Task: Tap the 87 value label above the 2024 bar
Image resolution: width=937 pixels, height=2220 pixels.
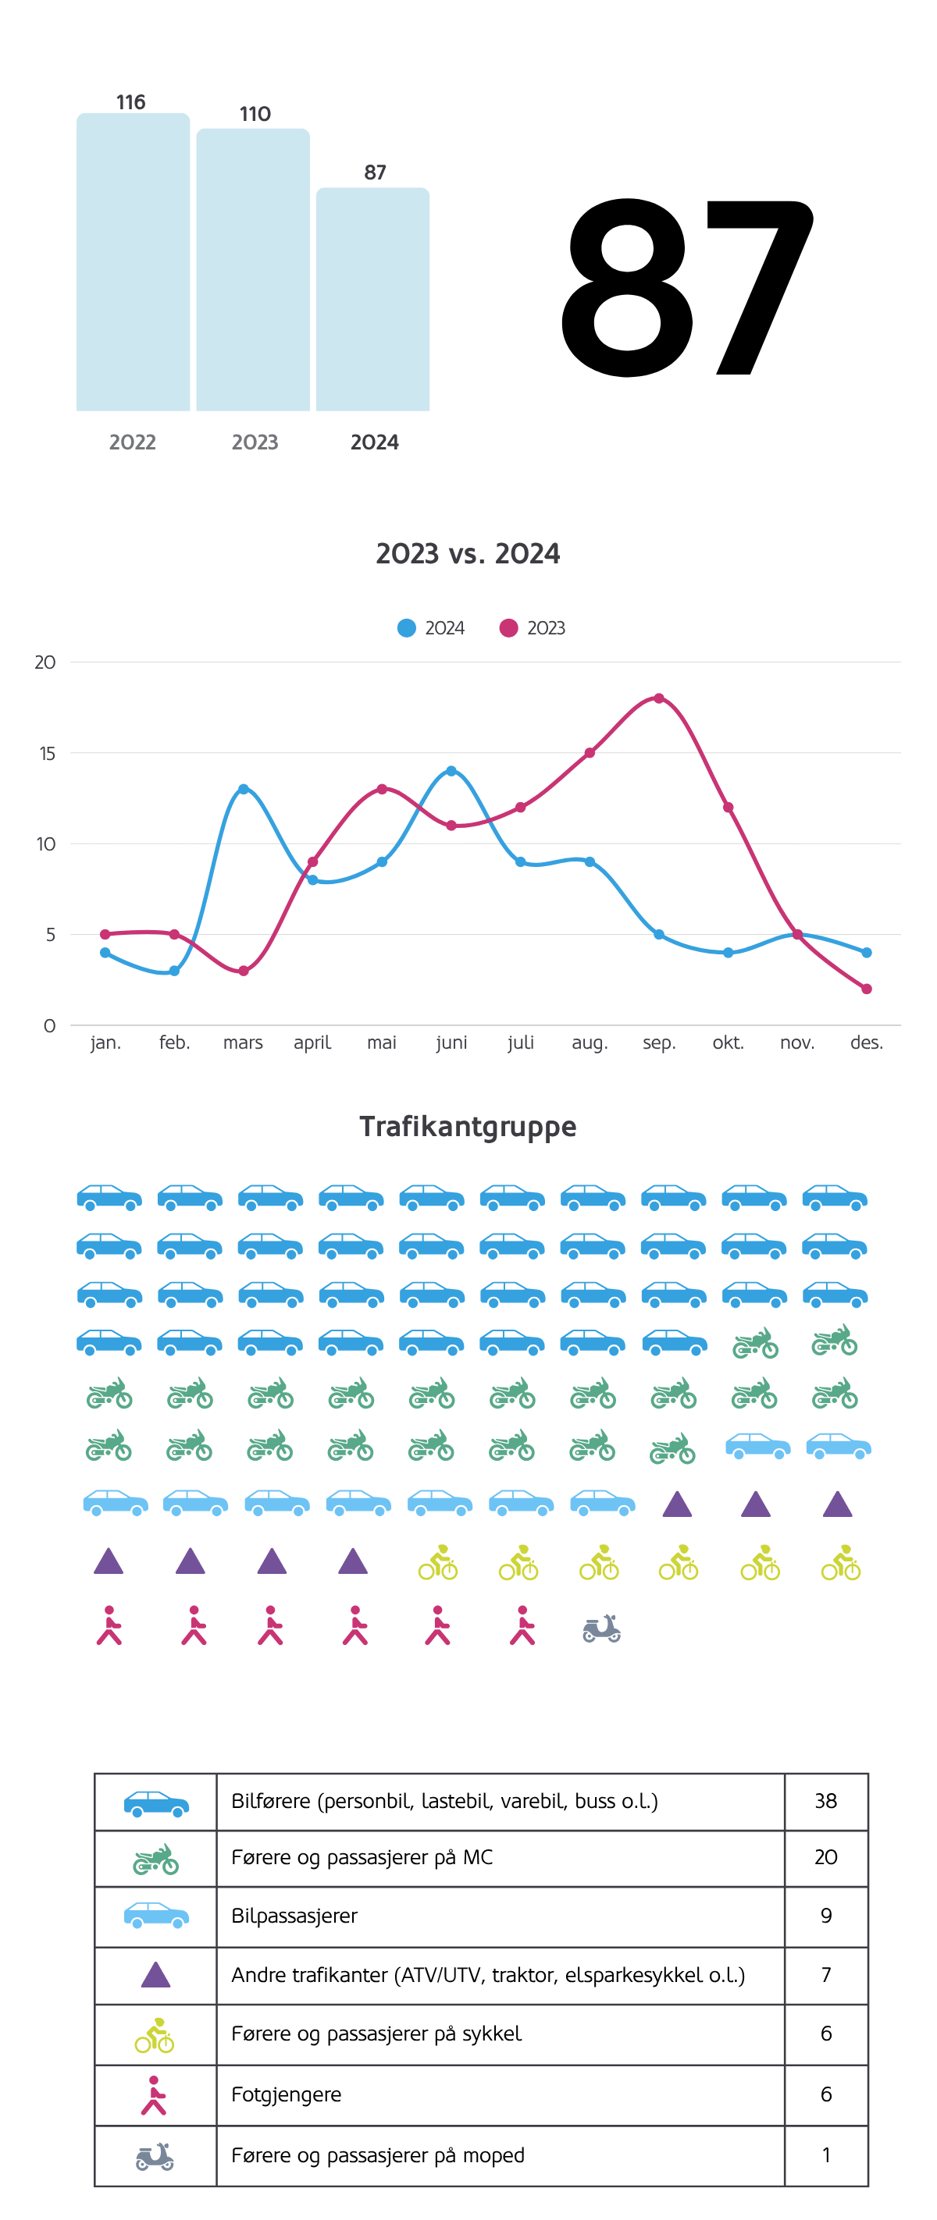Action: click(x=375, y=172)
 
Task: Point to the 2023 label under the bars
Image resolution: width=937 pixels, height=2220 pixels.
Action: click(x=255, y=442)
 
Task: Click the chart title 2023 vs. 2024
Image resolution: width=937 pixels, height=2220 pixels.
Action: click(x=468, y=553)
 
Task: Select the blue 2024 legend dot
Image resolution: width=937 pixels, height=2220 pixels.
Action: click(x=406, y=628)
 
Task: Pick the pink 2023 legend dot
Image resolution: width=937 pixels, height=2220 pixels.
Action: click(x=508, y=628)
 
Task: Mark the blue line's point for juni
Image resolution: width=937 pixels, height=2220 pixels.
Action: click(x=451, y=770)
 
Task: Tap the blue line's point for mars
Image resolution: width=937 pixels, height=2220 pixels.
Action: click(x=243, y=789)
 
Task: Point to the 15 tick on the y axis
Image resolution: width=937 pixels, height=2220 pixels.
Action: click(x=47, y=753)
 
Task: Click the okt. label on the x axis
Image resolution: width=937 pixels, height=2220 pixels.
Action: click(x=728, y=1043)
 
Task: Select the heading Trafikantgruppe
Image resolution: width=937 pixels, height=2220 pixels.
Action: click(x=468, y=1126)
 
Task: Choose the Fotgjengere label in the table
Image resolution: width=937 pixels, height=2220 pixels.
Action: click(x=287, y=2094)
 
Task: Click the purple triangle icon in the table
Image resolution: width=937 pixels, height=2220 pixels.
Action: click(x=155, y=1974)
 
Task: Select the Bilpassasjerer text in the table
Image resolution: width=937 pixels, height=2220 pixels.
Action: click(x=294, y=1916)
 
